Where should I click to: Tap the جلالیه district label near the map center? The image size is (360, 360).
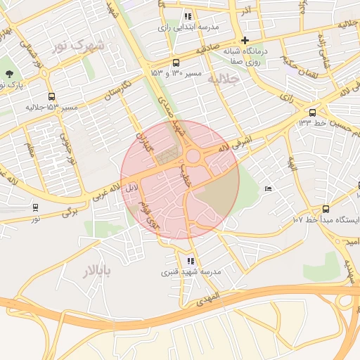(226, 79)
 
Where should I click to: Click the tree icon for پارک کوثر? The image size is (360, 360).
(8, 74)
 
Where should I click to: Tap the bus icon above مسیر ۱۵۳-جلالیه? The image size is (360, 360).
(51, 97)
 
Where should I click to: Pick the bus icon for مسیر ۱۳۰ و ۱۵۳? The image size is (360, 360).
(176, 62)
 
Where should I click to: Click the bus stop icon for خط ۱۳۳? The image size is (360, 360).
(312, 112)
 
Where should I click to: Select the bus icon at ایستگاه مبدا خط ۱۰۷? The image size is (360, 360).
(326, 209)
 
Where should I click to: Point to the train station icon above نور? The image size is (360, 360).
(35, 207)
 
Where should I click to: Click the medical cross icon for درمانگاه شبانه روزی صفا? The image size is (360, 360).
(245, 40)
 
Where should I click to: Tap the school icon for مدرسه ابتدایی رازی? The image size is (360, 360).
(187, 15)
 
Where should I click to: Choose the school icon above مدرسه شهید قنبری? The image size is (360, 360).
(191, 262)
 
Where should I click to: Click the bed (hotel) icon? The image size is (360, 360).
(267, 188)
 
